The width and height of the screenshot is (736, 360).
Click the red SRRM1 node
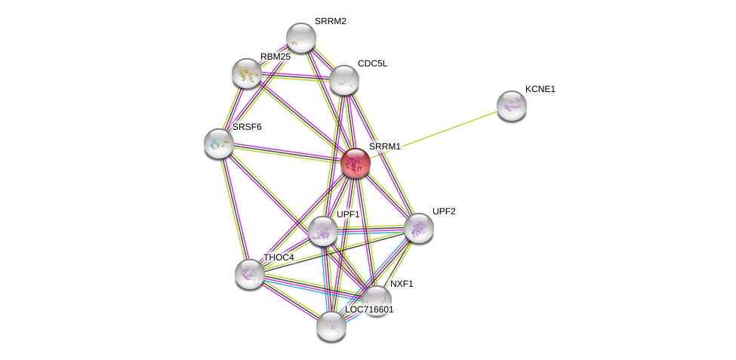356,163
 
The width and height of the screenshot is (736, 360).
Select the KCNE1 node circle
511,106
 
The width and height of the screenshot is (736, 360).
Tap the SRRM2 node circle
300,38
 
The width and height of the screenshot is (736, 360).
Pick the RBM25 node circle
247,73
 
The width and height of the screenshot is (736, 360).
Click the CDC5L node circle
343,80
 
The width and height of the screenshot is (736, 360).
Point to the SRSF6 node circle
219,143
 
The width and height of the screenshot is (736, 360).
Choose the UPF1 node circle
323,231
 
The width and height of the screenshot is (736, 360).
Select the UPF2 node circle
418,228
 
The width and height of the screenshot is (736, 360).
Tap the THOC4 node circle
249,274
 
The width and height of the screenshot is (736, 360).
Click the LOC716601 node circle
331,326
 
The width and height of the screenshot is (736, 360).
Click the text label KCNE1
540,89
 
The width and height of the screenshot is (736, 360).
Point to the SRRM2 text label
330,21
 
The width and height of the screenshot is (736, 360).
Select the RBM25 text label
275,57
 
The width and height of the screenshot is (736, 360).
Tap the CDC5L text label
372,63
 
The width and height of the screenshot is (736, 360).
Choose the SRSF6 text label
247,127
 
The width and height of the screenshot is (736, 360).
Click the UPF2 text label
443,211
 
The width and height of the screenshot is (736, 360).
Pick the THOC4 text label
279,257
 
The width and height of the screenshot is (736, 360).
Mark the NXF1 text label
402,284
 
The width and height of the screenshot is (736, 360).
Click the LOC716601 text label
369,309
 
